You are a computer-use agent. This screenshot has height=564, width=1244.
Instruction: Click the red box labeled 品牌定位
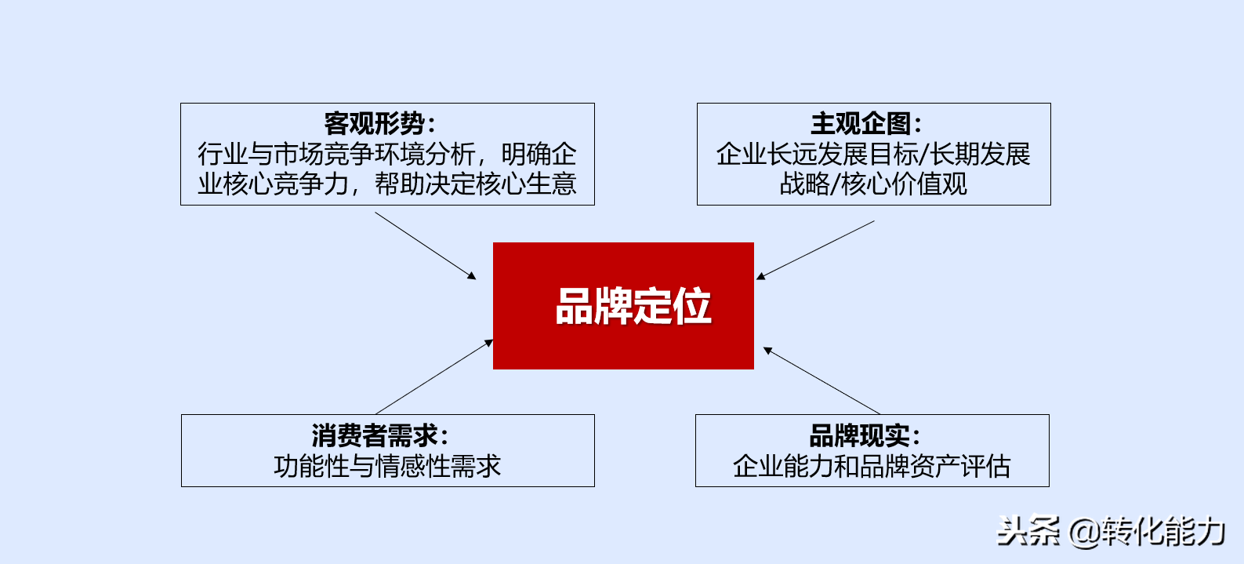[x=623, y=306]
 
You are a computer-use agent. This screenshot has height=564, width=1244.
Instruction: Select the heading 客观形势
[x=375, y=123]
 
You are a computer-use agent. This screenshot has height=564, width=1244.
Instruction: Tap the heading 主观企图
[x=861, y=123]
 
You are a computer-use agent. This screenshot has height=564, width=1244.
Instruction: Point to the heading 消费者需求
[x=375, y=435]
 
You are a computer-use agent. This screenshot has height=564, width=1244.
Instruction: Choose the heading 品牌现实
[x=860, y=435]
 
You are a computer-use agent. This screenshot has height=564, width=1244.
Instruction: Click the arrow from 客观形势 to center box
[x=426, y=246]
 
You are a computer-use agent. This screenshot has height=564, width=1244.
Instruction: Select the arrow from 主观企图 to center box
[x=815, y=250]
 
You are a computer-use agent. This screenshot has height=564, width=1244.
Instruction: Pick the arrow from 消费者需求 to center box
[x=434, y=377]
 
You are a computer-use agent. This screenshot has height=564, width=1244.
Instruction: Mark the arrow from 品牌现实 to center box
[x=821, y=380]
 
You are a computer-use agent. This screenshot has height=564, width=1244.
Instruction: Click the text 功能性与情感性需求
[x=387, y=466]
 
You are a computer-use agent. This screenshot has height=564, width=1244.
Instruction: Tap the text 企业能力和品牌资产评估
[x=872, y=466]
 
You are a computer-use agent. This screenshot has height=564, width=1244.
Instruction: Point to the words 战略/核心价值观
[x=873, y=184]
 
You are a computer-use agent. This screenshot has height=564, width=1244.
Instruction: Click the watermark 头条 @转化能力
[x=1111, y=531]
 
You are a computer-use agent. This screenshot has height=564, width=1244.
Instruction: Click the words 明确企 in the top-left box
[x=539, y=154]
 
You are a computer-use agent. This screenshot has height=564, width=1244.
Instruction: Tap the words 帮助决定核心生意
[x=475, y=184]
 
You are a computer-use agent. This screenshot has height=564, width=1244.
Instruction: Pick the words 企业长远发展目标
[x=817, y=154]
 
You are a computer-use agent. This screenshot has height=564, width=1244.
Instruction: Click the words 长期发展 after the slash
[x=980, y=154]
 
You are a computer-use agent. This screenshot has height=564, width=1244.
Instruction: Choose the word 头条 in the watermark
[x=1028, y=531]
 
